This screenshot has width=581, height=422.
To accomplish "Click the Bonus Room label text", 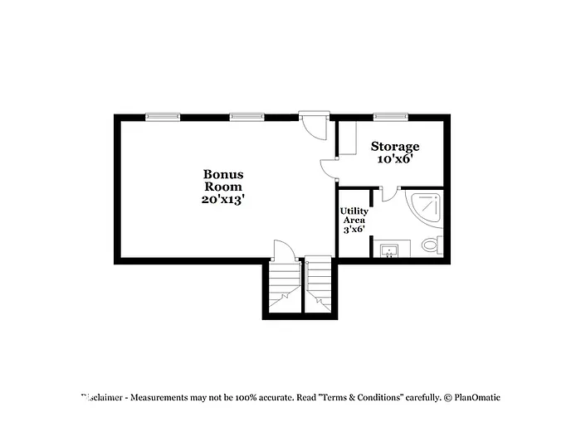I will [x=223, y=180].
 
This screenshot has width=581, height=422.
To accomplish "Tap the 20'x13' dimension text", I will [x=223, y=200].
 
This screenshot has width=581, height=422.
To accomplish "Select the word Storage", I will [x=394, y=147].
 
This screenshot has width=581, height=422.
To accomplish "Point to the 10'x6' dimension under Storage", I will [x=394, y=159].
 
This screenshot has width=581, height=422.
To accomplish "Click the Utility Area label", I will [x=354, y=216].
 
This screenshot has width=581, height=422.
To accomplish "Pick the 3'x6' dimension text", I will [x=354, y=229].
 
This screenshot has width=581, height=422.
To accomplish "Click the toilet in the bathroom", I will [x=432, y=245].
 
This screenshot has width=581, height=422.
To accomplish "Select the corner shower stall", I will [x=425, y=208].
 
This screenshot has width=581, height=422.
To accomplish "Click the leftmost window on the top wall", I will [x=163, y=117].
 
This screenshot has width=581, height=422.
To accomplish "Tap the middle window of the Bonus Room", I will [x=247, y=117].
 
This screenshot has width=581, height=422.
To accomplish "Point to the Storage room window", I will [x=389, y=117].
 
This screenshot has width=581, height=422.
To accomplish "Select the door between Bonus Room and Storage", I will [x=330, y=167].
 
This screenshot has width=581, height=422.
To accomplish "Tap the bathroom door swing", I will [x=389, y=196].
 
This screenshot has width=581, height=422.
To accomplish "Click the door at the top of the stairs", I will [x=284, y=250].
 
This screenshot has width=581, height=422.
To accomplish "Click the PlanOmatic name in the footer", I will [x=477, y=397].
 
